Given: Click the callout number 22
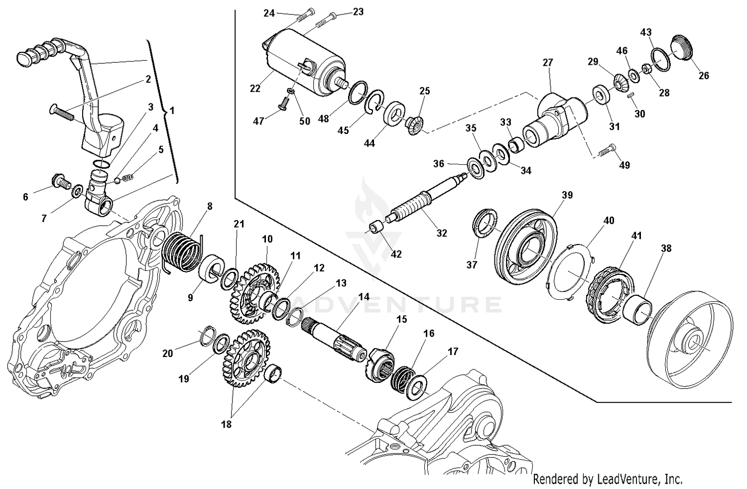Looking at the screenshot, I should click(255, 89).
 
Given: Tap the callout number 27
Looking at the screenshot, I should click(548, 63).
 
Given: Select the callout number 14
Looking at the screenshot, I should click(364, 296).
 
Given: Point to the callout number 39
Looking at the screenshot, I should click(567, 195).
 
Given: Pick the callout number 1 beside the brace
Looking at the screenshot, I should click(172, 110).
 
